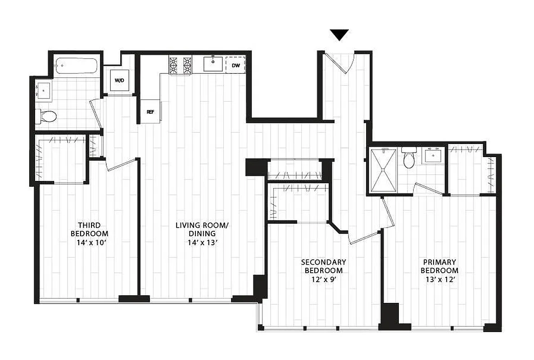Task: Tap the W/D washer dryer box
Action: pyautogui.click(x=119, y=81)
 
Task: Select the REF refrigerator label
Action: pyautogui.click(x=150, y=112)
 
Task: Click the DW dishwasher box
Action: pyautogui.click(x=235, y=65)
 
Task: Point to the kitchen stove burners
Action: pyautogui.click(x=180, y=65)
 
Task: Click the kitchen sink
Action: pyautogui.click(x=212, y=65)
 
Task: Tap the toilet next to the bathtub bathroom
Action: pyautogui.click(x=46, y=117)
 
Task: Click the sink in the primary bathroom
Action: pyautogui.click(x=433, y=157)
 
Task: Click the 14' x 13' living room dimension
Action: pyautogui.click(x=202, y=243)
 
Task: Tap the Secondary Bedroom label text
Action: pyautogui.click(x=323, y=266)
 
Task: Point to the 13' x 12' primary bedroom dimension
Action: pyautogui.click(x=439, y=279)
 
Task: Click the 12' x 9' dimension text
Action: pyautogui.click(x=323, y=279)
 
